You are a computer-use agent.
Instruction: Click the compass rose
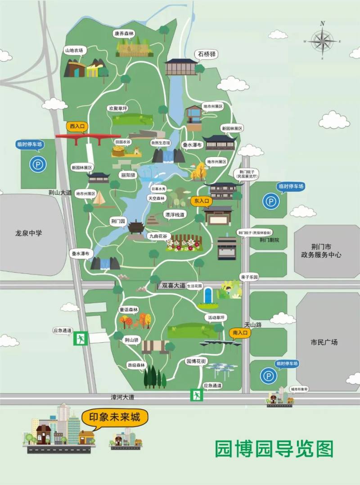[x=322, y=41]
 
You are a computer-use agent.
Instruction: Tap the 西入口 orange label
[x=77, y=126]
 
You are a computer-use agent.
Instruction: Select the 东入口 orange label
[x=201, y=201]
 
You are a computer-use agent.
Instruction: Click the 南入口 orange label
[x=239, y=333]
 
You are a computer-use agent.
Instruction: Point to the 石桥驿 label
[x=206, y=54]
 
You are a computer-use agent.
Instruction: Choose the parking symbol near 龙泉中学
[x=38, y=164]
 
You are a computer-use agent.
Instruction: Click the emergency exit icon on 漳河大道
[x=196, y=395]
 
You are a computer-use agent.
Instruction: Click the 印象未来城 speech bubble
[x=115, y=417]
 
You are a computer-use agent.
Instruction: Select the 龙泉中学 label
[x=28, y=233]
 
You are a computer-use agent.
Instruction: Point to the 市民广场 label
[x=324, y=342]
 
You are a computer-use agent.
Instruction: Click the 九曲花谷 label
[x=157, y=235]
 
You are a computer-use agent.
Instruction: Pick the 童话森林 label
[x=129, y=310]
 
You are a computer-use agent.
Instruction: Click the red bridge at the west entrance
[x=88, y=136]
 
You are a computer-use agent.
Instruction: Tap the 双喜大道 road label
[x=173, y=285]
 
